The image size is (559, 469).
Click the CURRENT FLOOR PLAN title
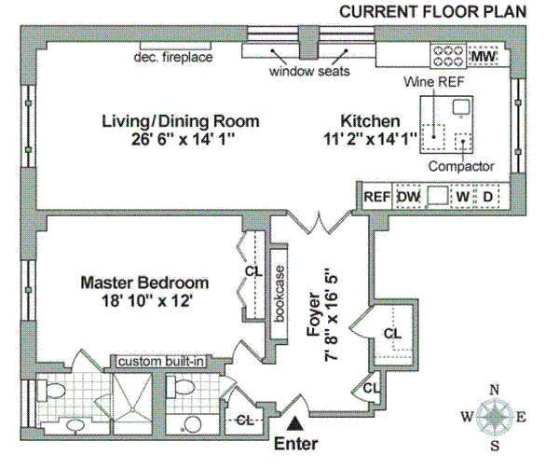click(x=432, y=12)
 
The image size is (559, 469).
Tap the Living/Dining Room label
click(x=181, y=122)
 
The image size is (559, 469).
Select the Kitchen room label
click(x=370, y=122)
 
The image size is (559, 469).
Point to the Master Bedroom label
click(x=143, y=283)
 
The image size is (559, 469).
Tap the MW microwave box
click(x=483, y=57)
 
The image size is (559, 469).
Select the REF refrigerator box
click(x=375, y=197)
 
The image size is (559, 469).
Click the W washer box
click(x=461, y=197)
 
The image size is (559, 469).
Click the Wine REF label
click(x=432, y=82)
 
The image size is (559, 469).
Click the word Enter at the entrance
click(x=298, y=445)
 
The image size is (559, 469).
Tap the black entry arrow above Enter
click(x=297, y=425)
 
